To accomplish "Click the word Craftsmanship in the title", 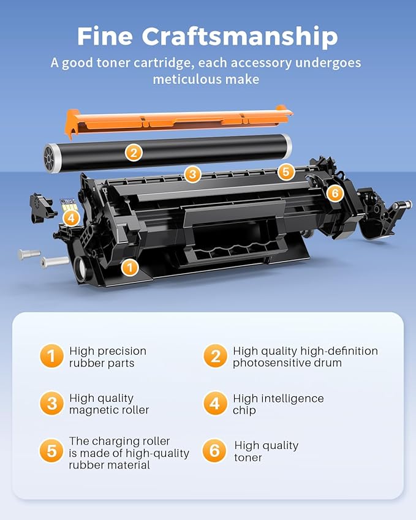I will [x=240, y=37].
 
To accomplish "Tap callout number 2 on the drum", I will [x=134, y=153].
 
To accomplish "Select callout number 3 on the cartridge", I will [x=192, y=175].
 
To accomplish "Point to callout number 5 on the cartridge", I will [x=286, y=172].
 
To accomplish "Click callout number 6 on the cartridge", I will [x=335, y=194].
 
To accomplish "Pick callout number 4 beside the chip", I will [x=71, y=217].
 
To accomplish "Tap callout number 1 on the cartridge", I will [x=129, y=266].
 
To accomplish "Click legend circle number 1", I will [x=51, y=356].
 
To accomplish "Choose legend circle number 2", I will [x=215, y=356].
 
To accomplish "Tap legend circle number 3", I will [x=51, y=404].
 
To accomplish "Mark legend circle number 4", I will [x=215, y=404].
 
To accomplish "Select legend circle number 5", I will [x=51, y=451].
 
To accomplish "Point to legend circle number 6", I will [x=215, y=451].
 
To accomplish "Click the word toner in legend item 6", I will [x=248, y=458].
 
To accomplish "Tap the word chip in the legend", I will [x=244, y=410].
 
